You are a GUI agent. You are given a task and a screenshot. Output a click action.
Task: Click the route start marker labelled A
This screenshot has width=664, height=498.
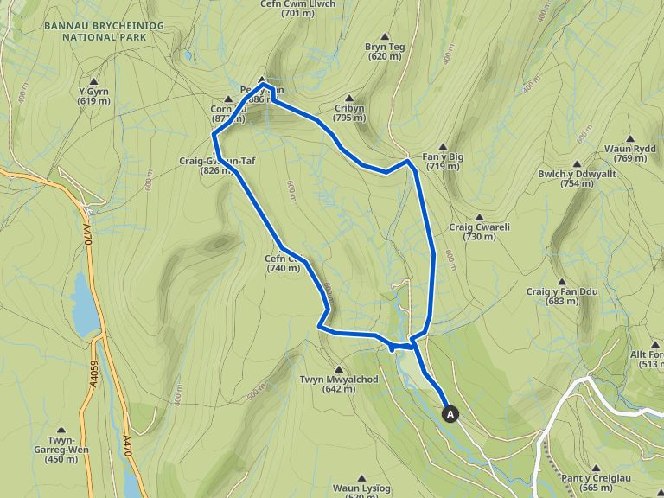450,414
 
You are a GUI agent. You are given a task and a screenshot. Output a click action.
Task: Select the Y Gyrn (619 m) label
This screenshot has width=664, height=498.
93,96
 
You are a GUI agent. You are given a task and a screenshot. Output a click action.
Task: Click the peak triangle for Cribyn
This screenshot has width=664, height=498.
349,98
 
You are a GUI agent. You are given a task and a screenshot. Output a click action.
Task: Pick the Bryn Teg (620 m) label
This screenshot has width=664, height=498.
385,51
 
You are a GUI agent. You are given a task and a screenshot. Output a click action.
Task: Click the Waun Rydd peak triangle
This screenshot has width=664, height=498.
630,138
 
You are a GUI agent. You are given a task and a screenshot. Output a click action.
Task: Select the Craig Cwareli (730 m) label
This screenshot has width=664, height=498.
479,232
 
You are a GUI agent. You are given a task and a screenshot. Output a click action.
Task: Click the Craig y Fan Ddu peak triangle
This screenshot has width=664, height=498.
562,282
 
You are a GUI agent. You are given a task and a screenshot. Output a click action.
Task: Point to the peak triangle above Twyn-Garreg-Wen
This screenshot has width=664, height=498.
61,429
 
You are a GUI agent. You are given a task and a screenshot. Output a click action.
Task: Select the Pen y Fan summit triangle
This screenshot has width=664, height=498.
262,80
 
